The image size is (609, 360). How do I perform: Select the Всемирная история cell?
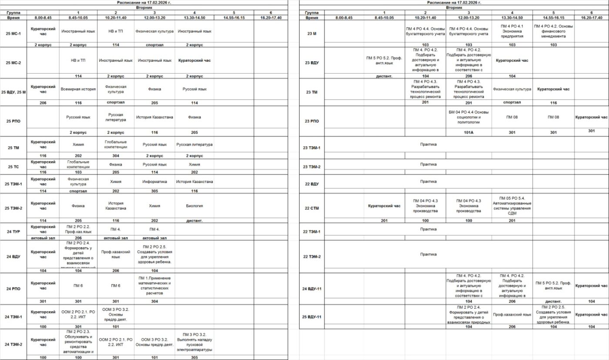pyautogui.click(x=78, y=89)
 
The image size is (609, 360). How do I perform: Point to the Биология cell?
pyautogui.click(x=194, y=206)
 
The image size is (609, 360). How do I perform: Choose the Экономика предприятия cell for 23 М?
pyautogui.click(x=512, y=31)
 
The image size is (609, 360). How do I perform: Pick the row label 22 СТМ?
pyautogui.click(x=312, y=208)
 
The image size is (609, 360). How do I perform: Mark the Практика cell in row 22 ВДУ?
pyautogui.click(x=428, y=181)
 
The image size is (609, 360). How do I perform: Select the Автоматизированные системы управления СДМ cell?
pyautogui.click(x=512, y=206)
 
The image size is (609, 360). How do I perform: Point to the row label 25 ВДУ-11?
pyautogui.click(x=312, y=316)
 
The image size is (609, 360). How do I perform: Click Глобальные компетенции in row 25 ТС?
pyautogui.click(x=78, y=164)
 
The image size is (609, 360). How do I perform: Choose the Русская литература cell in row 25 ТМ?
pyautogui.click(x=194, y=145)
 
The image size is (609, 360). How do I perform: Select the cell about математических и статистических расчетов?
pyautogui.click(x=154, y=286)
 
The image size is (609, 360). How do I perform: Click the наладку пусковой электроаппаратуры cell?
pyautogui.click(x=194, y=342)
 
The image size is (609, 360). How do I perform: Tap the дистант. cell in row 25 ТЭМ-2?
pyautogui.click(x=194, y=221)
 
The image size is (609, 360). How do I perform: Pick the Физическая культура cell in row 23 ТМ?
pyautogui.click(x=512, y=89)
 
